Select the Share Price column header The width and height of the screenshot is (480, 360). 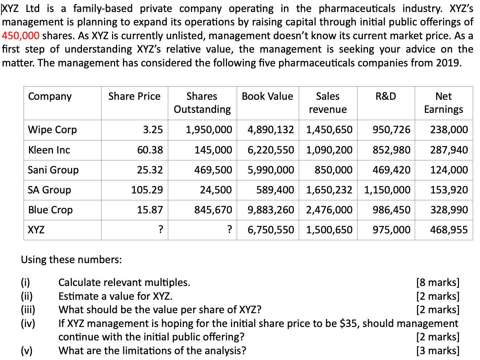click(x=134, y=96)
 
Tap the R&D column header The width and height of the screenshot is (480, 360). click(x=386, y=96)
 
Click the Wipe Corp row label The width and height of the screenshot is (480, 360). click(x=53, y=130)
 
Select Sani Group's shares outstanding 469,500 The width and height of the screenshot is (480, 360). click(x=213, y=169)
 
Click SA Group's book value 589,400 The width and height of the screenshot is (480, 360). click(x=275, y=189)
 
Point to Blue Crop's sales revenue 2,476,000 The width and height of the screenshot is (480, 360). click(x=329, y=209)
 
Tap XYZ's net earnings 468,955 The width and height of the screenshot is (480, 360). click(x=449, y=229)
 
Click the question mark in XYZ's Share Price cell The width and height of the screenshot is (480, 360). click(x=160, y=229)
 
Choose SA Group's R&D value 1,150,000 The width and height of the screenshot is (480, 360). click(x=387, y=189)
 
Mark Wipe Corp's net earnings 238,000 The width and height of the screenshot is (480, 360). click(x=449, y=130)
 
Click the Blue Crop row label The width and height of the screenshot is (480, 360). click(x=50, y=209)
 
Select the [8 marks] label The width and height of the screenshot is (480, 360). click(x=438, y=282)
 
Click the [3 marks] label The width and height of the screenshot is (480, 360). click(x=438, y=350)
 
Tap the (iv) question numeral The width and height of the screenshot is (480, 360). click(x=28, y=323)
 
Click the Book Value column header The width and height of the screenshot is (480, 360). click(x=267, y=96)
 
